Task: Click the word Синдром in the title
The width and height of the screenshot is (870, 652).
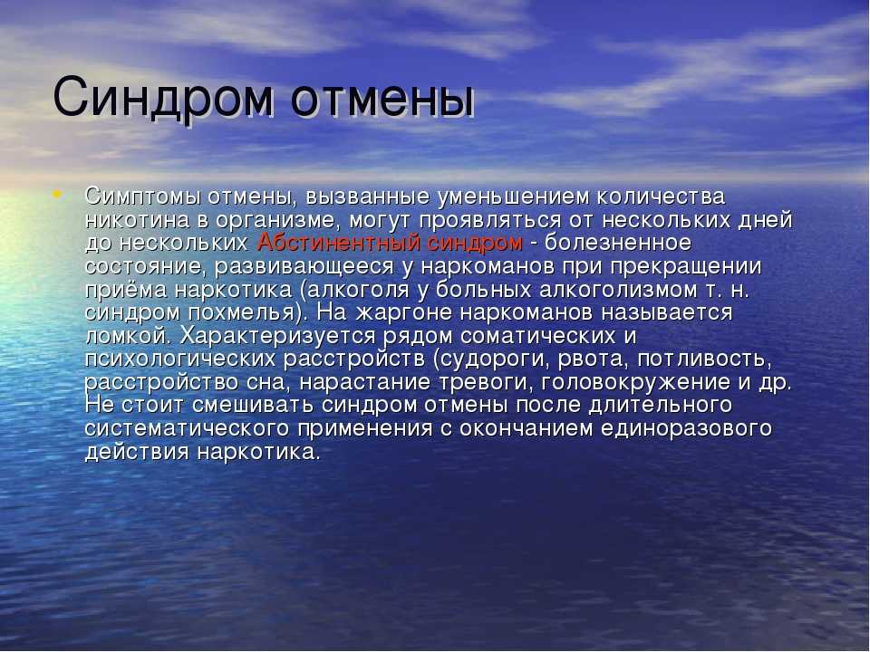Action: coord(163,99)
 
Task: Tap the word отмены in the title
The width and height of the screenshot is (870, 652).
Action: coord(382,99)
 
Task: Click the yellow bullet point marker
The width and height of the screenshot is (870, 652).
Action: coord(57,194)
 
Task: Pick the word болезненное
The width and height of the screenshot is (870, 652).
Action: coord(617,243)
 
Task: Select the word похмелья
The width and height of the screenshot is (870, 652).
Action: coord(241,313)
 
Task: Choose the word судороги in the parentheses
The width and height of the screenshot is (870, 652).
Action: coord(492,360)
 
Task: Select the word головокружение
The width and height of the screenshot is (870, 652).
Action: coord(635,382)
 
